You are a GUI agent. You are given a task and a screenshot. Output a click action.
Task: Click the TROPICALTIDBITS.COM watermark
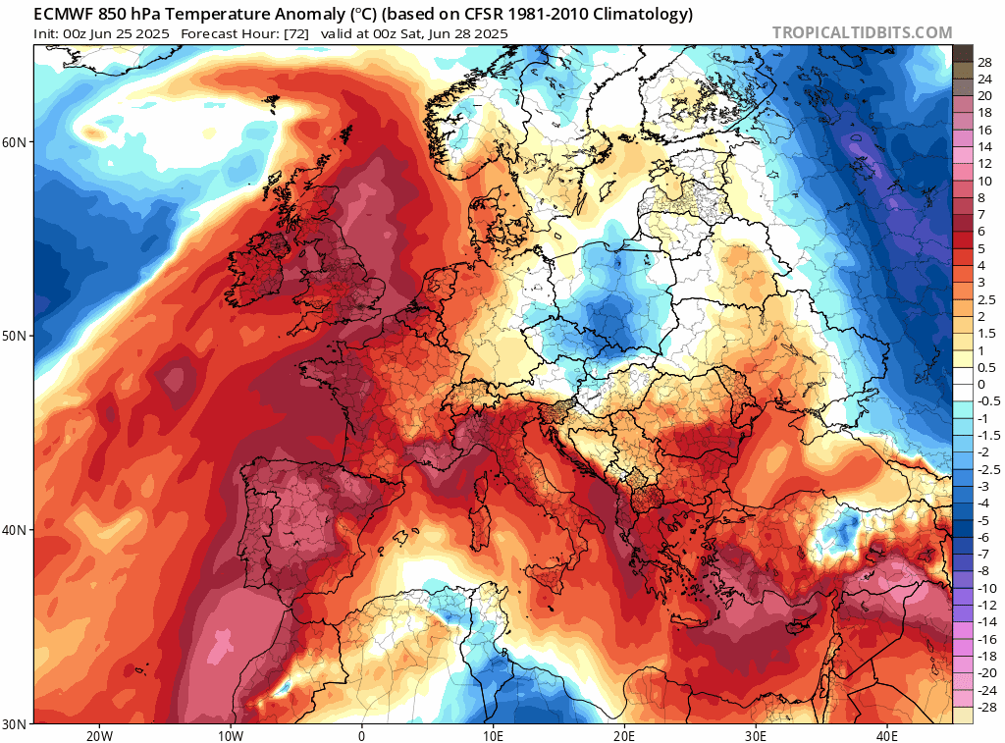point(862,32)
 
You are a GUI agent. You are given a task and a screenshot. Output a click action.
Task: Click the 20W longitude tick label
point(98,735)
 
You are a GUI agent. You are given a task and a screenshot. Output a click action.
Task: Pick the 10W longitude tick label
point(230,735)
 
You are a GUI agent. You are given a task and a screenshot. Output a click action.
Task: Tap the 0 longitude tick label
point(362,735)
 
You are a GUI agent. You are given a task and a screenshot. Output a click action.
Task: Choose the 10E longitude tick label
point(494,735)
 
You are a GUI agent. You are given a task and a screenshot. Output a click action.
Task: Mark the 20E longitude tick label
point(625,735)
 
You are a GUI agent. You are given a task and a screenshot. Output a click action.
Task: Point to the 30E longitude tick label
point(757,735)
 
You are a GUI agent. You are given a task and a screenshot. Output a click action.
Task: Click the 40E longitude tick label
point(888,735)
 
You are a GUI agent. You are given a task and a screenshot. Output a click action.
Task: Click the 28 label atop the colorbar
point(984,62)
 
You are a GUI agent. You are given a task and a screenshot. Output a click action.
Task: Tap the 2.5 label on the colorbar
point(986,299)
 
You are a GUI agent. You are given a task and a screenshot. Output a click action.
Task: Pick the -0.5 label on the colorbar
point(987,400)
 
